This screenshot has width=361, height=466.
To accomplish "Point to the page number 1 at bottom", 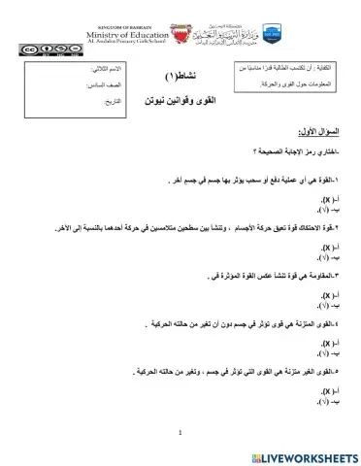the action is click(x=180, y=434).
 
